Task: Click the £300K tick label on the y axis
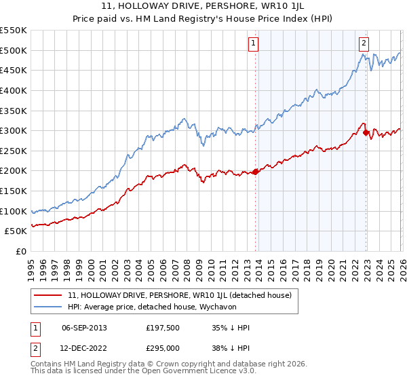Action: tap(14, 130)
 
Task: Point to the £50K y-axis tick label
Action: tap(16, 231)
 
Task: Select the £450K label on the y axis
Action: tap(14, 70)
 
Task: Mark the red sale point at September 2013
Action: tap(256, 172)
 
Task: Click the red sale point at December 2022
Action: tap(366, 133)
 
